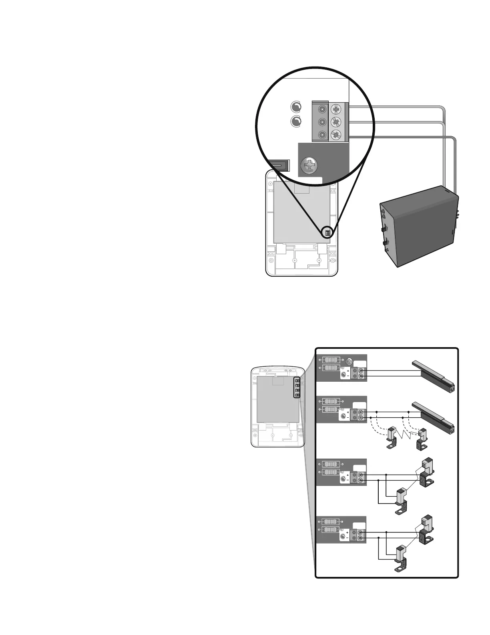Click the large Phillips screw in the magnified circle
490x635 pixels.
click(x=310, y=165)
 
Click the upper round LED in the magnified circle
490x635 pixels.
click(x=296, y=107)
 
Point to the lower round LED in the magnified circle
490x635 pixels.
click(x=296, y=121)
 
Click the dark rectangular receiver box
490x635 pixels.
click(x=418, y=226)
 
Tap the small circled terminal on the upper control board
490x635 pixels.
click(x=327, y=233)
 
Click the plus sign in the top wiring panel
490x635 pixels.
click(x=347, y=371)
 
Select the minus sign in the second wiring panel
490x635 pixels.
click(x=347, y=417)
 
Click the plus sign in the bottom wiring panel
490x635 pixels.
click(x=347, y=533)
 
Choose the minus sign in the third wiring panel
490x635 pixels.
click(x=347, y=480)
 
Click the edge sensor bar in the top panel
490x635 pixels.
click(x=434, y=375)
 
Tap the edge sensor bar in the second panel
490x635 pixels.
click(x=434, y=417)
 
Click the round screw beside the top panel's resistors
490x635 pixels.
click(x=349, y=360)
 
